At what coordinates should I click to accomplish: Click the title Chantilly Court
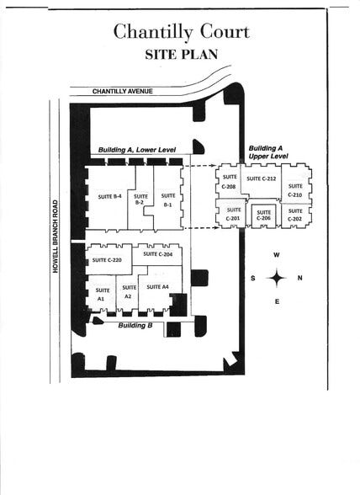tap(181, 32)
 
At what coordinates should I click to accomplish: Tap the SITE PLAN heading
tap(181, 53)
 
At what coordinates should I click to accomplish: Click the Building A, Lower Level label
tap(136, 149)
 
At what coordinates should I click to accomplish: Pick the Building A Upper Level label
tap(269, 152)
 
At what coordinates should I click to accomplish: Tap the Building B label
tap(135, 325)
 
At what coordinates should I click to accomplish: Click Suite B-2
tap(140, 200)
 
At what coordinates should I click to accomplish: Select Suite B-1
tap(168, 200)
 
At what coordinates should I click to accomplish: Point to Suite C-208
tap(230, 182)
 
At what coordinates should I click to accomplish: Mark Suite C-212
tap(262, 178)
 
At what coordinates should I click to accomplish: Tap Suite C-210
tap(295, 191)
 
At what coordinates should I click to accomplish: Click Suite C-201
tap(233, 215)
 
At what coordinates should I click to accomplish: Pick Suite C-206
tap(263, 215)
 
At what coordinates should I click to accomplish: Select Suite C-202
tap(295, 215)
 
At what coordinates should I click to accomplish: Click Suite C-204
tap(157, 253)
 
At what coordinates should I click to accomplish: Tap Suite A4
tap(158, 287)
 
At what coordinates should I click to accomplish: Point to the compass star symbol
tap(276, 278)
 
